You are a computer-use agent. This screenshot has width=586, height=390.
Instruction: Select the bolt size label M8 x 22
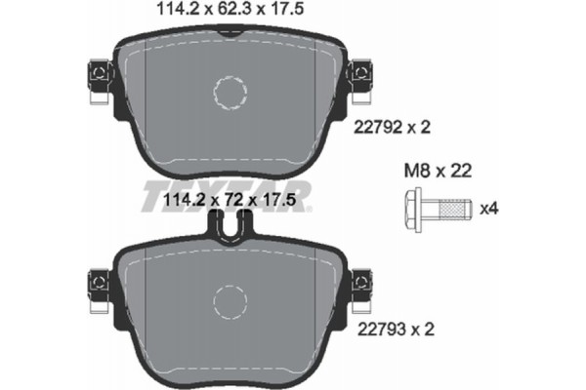click(x=436, y=171)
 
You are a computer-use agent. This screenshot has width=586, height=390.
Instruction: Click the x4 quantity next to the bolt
click(x=489, y=209)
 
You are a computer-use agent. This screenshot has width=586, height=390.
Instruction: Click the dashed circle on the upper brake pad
click(x=231, y=94)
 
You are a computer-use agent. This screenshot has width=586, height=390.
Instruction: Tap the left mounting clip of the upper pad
click(x=98, y=75)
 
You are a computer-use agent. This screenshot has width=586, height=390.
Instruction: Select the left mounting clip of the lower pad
click(x=98, y=282)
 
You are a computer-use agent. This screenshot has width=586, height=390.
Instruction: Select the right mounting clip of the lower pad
click(x=363, y=282)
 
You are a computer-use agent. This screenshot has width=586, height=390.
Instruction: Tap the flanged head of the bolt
click(x=412, y=209)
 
